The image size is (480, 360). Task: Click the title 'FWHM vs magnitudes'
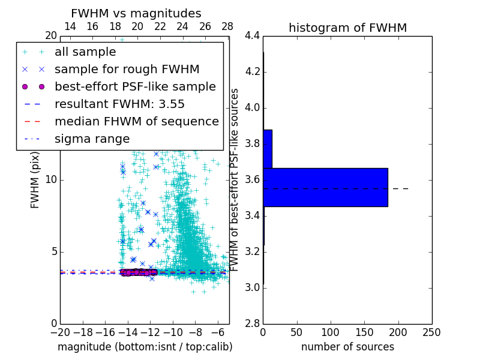(x=136, y=14)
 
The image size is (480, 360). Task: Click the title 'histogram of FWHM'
(x=347, y=28)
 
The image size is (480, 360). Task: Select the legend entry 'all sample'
(x=85, y=52)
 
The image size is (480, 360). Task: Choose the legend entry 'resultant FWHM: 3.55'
(x=119, y=104)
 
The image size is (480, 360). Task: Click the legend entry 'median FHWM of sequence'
(x=136, y=121)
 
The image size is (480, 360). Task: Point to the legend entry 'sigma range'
(x=92, y=139)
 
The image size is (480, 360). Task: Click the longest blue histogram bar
(x=325, y=187)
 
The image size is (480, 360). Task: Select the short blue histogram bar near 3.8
(x=268, y=149)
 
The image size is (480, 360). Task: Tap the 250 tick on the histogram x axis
(x=431, y=332)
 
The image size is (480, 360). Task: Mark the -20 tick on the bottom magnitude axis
(x=60, y=332)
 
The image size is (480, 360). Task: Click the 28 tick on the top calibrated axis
(x=227, y=26)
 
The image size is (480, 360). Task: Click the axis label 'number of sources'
(x=347, y=347)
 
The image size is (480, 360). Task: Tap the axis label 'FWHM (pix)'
(x=35, y=180)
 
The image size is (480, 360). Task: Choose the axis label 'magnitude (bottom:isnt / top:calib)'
(x=145, y=347)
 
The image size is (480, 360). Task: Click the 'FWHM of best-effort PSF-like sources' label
(x=235, y=180)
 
